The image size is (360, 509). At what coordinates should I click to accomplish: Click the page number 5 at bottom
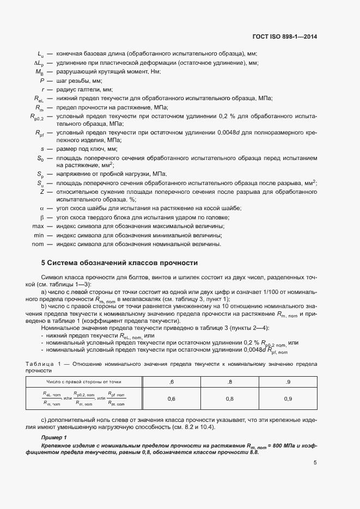tap(315, 463)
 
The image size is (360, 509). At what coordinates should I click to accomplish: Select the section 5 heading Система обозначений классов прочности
tap(119, 262)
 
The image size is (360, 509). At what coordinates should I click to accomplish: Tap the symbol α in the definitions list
tap(42, 208)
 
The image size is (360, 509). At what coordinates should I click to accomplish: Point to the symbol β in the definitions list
tap(42, 217)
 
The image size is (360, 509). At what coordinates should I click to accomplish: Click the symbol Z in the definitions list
tap(42, 192)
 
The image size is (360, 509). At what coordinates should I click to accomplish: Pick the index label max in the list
tap(38, 226)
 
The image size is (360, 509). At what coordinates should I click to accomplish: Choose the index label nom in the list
tap(38, 244)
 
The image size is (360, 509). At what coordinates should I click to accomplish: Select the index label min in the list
tap(39, 235)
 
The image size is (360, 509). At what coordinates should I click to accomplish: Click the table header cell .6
tap(171, 383)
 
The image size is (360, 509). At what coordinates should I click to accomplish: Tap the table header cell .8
tap(229, 383)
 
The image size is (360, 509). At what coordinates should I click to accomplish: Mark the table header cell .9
tap(288, 383)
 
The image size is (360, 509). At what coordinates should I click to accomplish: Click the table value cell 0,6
tap(171, 399)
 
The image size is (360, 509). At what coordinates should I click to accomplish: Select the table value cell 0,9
tap(288, 399)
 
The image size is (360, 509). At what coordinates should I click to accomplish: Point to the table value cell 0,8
tap(229, 399)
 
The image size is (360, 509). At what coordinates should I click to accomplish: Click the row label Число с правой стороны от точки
tap(84, 383)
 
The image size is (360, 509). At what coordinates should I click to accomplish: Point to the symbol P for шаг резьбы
tap(42, 80)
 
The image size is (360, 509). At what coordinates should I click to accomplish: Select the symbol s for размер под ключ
tap(42, 149)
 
